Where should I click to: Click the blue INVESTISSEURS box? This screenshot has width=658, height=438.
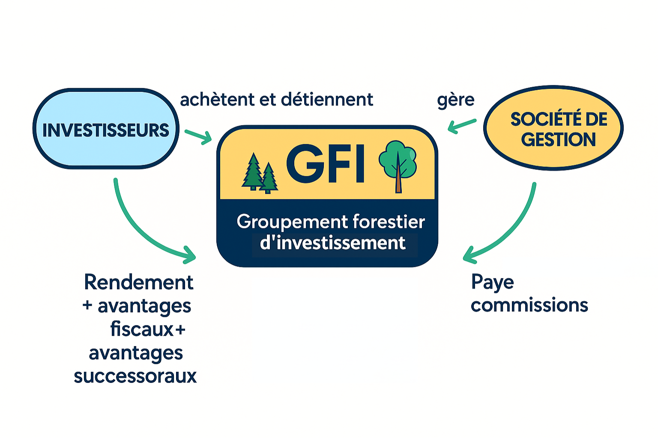click(106, 129)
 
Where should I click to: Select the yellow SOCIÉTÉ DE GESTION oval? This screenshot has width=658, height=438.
click(553, 128)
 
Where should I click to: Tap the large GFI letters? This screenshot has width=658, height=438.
click(325, 163)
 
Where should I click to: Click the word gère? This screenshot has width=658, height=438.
click(455, 101)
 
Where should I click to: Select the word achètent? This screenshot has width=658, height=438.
click(217, 100)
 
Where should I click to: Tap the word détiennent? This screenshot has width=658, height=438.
click(327, 100)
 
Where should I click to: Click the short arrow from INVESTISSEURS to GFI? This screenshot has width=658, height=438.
click(198, 136)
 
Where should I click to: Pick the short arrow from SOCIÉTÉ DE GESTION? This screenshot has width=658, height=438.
click(461, 125)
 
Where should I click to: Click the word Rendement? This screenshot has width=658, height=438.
click(138, 282)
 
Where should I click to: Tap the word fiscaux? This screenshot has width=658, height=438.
click(142, 329)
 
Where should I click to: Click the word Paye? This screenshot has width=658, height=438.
click(492, 283)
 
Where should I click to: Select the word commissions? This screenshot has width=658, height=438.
click(529, 305)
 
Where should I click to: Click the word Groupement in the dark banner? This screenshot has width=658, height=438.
click(292, 222)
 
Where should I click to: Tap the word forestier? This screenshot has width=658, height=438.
click(389, 222)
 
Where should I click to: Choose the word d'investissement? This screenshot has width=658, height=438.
click(332, 243)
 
